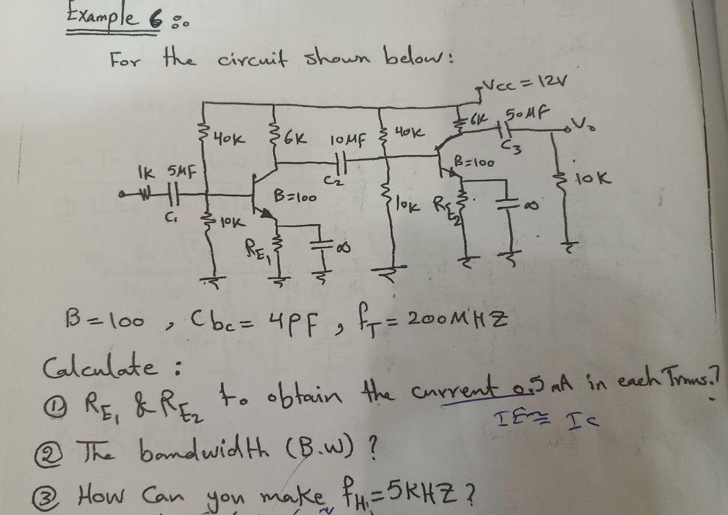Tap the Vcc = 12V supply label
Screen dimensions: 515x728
[525, 84]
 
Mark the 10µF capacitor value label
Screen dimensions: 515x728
[348, 142]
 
